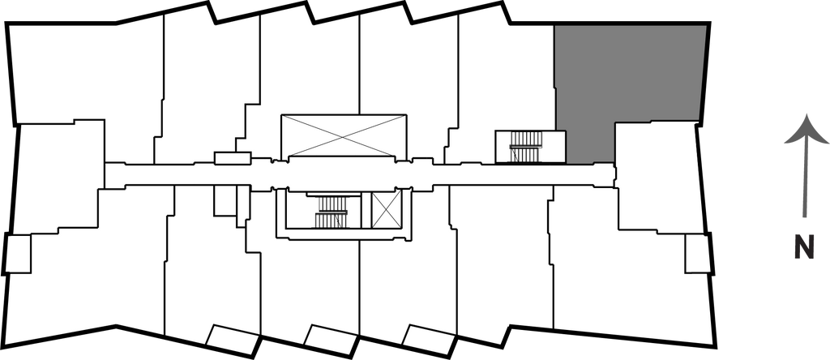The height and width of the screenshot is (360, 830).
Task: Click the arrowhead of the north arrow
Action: coord(804,131)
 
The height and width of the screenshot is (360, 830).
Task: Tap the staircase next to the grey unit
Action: coord(524,146)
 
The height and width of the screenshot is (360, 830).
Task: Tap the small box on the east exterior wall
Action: coord(697,254)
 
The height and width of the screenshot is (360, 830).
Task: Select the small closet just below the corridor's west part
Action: coord(225,201)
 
